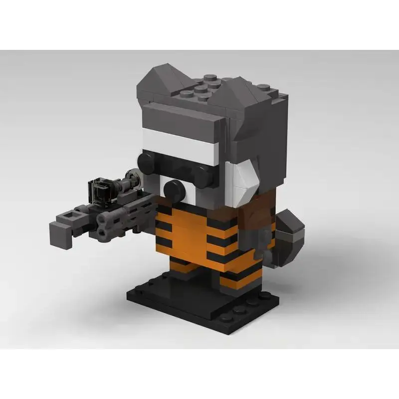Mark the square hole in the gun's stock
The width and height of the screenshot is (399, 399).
point(66,216)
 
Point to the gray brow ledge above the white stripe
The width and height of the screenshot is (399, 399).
point(180,120)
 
